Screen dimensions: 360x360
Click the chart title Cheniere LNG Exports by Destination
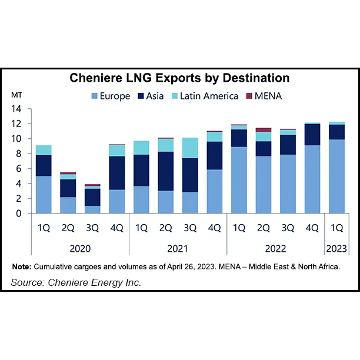pos(179,78)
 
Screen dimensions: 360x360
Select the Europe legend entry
pos(110,96)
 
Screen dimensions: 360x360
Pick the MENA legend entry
pos(264,96)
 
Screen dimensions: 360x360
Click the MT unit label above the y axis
pos(16,95)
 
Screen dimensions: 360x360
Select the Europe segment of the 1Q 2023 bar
pos(336,176)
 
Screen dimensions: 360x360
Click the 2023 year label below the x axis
pos(336,248)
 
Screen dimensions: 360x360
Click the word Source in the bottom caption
pos(28,283)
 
